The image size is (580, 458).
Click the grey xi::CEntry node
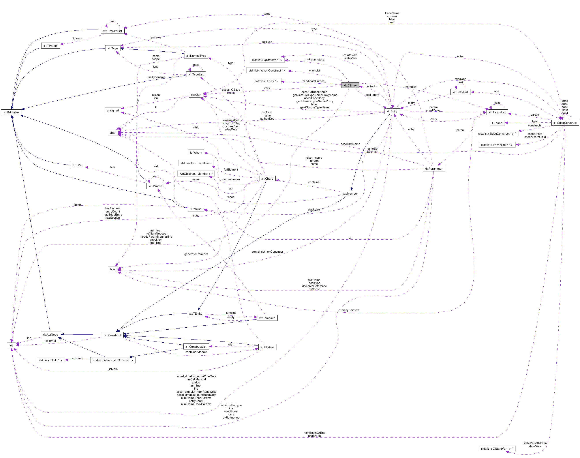350,85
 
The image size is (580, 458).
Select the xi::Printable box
11,112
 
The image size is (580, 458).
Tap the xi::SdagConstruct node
565,123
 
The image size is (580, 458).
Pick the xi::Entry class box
392,111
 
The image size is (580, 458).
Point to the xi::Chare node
267,178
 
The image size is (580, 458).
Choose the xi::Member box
350,194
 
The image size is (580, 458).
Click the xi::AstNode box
51,334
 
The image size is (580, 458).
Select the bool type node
113,269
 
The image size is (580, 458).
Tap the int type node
11,345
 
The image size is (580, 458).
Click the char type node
112,133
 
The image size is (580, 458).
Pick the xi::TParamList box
112,31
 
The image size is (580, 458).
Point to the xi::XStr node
196,95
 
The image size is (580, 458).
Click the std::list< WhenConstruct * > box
267,71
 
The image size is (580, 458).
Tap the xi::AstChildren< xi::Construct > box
113,360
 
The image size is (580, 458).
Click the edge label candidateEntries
313,81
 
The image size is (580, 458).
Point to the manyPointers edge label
350,310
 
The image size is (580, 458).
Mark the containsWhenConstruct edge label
267,252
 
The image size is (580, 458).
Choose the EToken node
497,123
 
